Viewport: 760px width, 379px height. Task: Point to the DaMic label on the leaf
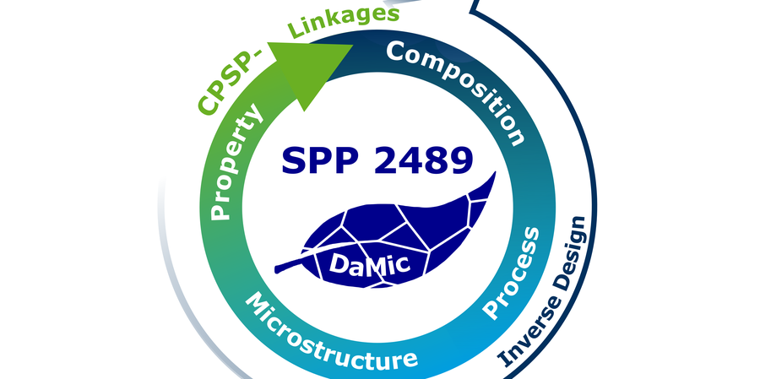[368, 264]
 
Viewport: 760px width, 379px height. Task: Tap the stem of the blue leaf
[291, 267]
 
